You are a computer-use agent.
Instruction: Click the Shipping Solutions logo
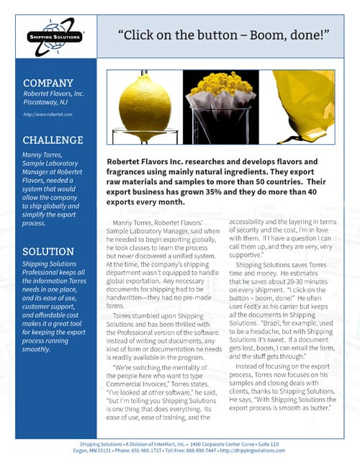coord(50,36)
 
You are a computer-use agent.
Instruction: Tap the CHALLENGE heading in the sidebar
coord(53,140)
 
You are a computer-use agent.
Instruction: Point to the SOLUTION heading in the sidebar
coord(49,251)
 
